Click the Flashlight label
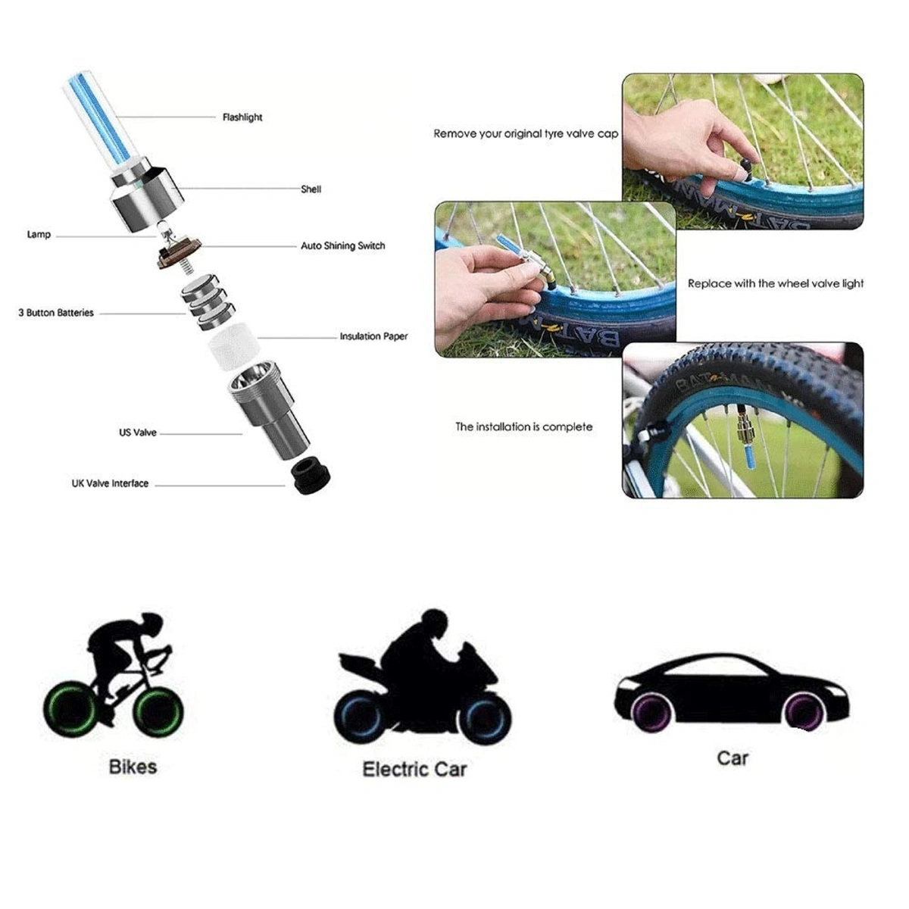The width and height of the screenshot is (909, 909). pos(242,117)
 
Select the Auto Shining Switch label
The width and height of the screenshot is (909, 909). pos(342,246)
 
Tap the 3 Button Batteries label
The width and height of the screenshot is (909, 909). pos(56,313)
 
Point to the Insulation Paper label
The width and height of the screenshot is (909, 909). pos(373,336)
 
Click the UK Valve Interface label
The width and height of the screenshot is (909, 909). pos(110,483)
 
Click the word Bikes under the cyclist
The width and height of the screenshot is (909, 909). pos(133,767)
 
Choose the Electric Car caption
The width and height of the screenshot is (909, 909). pos(414,770)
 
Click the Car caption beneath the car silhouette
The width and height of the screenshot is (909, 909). pos(732,757)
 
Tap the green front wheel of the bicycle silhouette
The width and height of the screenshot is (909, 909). pos(160,712)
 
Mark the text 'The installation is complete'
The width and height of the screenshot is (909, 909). pos(523,427)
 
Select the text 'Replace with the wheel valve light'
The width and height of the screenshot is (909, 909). pos(775,283)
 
